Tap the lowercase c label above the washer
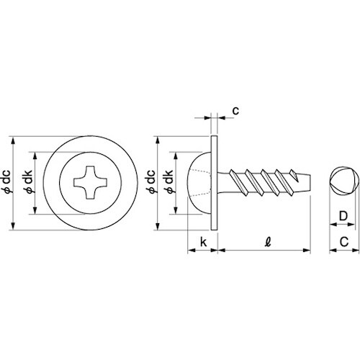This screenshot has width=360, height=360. pyautogui.click(x=236, y=111)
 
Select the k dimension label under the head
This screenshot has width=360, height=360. pyautogui.click(x=203, y=242)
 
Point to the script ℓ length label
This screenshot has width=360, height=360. pyautogui.click(x=269, y=242)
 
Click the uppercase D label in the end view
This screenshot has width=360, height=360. pyautogui.click(x=343, y=216)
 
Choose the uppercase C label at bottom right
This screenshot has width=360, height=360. pyautogui.click(x=344, y=242)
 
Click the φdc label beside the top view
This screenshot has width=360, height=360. pyautogui.click(x=7, y=181)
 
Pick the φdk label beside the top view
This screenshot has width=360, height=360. pyautogui.click(x=27, y=182)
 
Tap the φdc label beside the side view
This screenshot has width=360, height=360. pyautogui.click(x=151, y=181)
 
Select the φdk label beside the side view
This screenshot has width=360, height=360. pyautogui.click(x=168, y=182)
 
